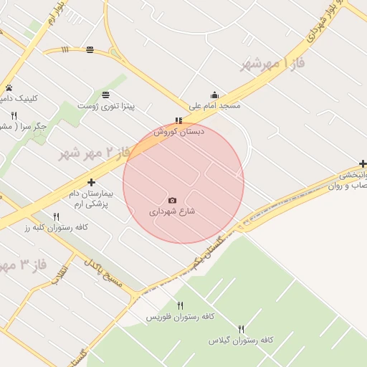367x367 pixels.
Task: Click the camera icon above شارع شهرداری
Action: (172, 200)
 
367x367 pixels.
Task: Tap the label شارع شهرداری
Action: (172, 211)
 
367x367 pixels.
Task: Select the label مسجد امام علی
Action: (214, 105)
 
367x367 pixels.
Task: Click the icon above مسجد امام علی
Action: (214, 95)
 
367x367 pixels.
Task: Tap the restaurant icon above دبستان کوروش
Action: (178, 120)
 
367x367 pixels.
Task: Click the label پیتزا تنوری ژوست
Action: (128, 106)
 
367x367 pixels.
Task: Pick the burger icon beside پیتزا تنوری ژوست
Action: (106, 95)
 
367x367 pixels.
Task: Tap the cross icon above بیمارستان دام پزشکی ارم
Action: (91, 182)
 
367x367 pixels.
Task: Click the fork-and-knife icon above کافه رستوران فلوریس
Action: (180, 305)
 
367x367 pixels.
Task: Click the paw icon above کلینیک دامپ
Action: (9, 87)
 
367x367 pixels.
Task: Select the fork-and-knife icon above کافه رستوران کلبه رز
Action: (56, 216)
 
